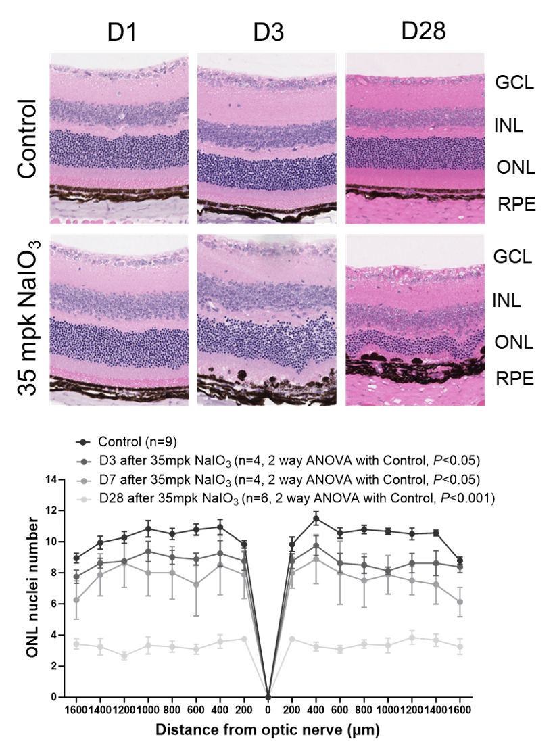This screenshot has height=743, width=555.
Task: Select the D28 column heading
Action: pyautogui.click(x=423, y=32)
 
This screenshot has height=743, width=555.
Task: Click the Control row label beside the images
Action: pyautogui.click(x=27, y=139)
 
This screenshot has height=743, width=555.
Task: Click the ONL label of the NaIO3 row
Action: pyautogui.click(x=514, y=342)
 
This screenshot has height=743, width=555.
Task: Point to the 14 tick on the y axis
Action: pyautogui.click(x=50, y=479)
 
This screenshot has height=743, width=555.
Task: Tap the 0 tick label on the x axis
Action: pyautogui.click(x=268, y=711)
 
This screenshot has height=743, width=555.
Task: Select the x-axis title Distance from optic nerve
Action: pyautogui.click(x=268, y=730)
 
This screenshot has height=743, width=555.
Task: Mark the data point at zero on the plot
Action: pyautogui.click(x=268, y=696)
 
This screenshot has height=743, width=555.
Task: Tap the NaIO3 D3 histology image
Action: pyautogui.click(x=267, y=319)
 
